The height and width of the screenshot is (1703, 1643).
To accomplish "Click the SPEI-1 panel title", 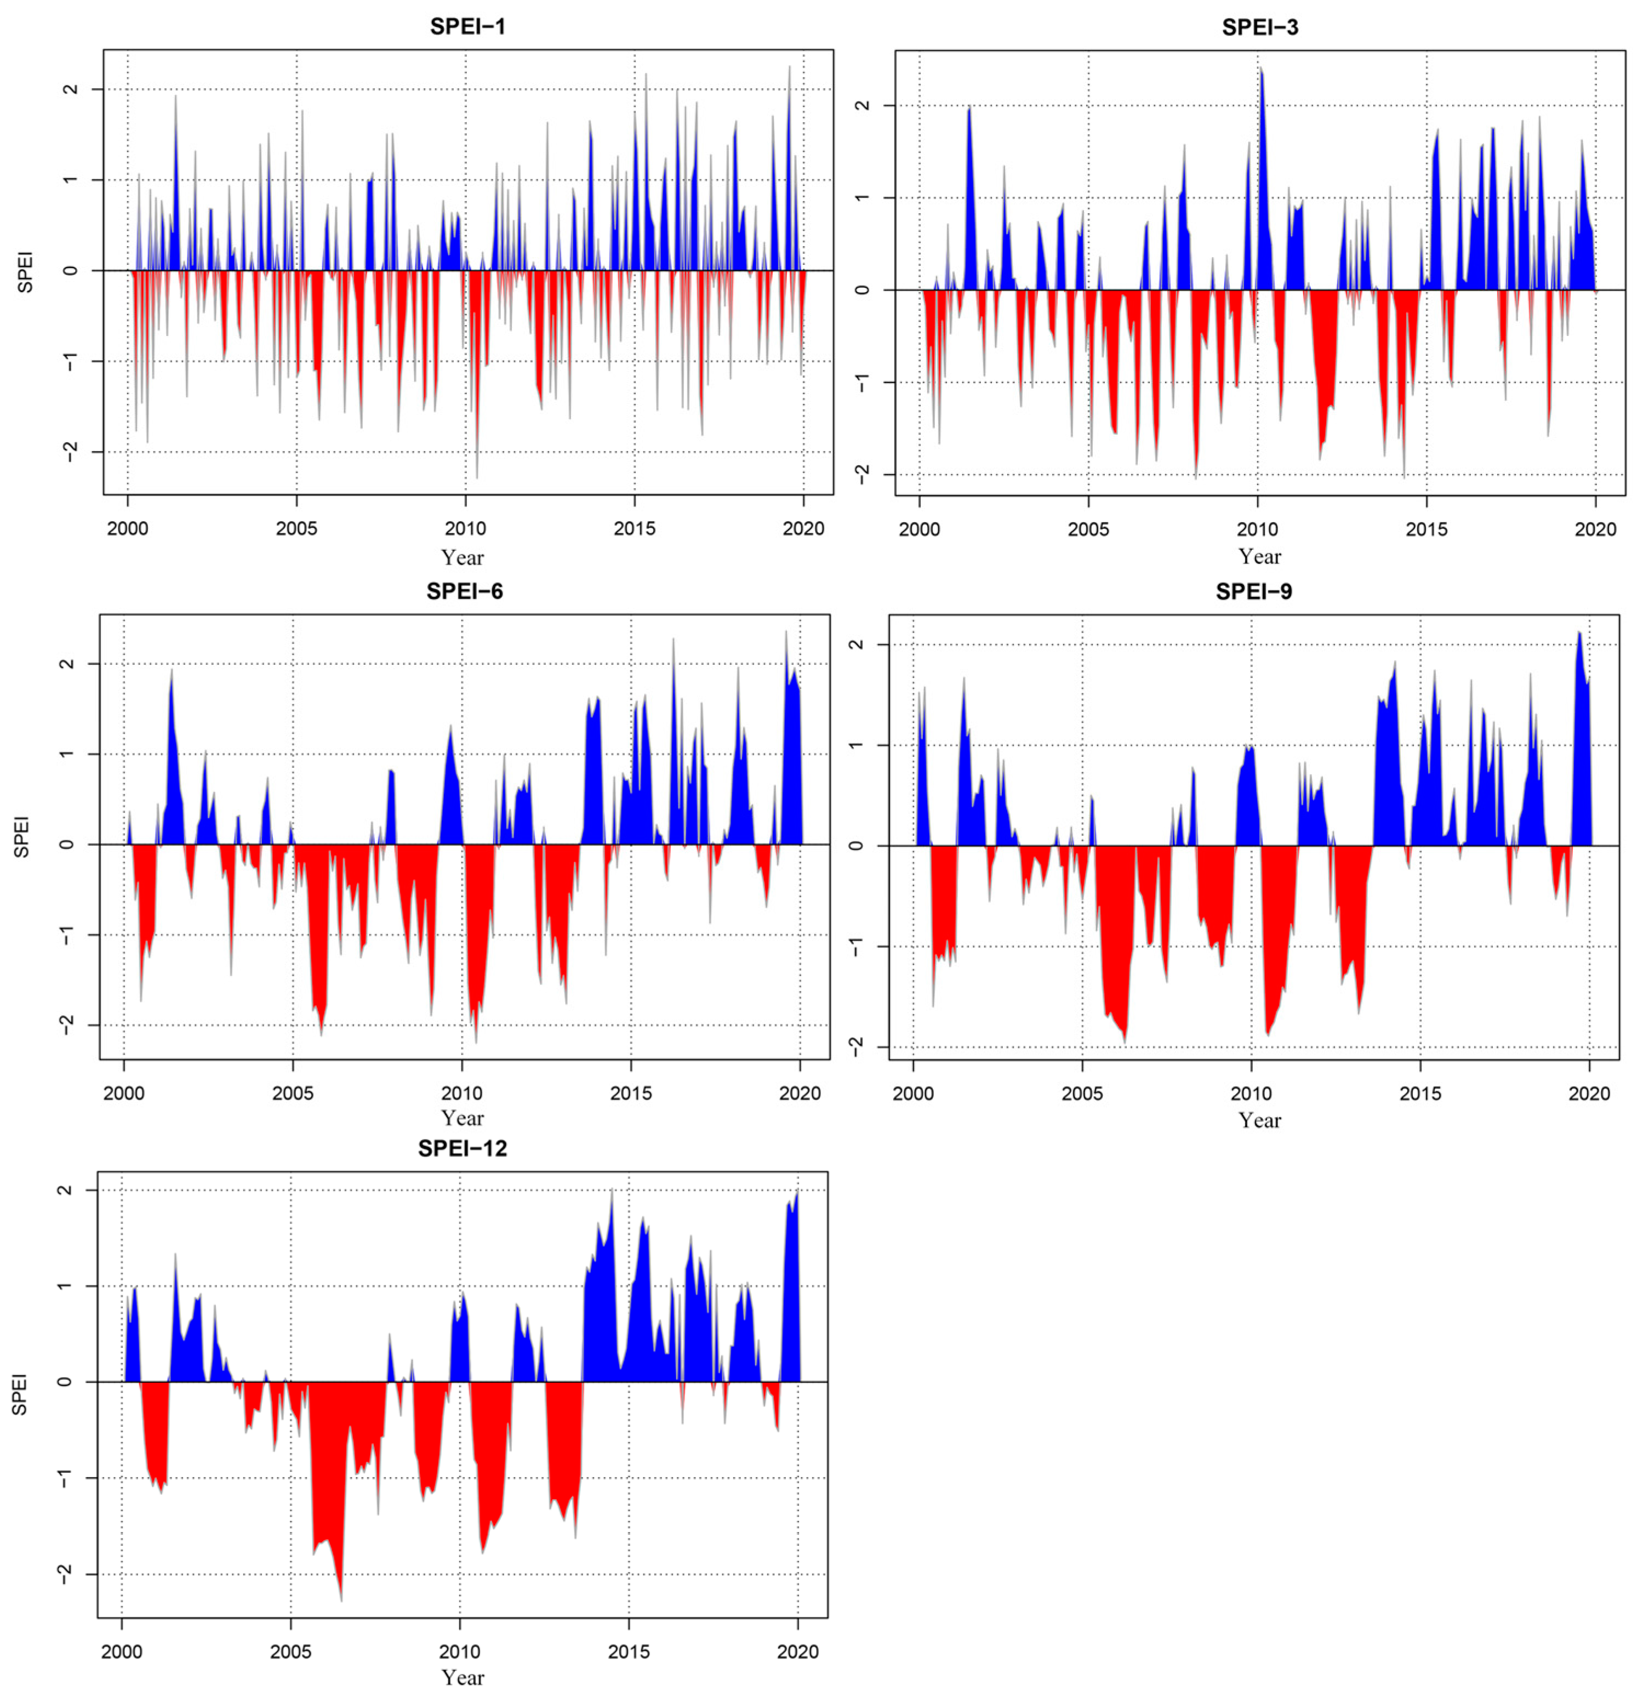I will click(467, 26).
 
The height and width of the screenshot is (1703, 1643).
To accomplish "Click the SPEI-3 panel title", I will click(1260, 27).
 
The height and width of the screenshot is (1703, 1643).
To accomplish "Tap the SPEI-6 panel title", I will click(464, 592).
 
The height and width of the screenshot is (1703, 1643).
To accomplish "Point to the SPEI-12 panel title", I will click(461, 1149).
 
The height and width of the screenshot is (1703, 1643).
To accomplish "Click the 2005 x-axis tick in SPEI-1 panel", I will click(296, 528).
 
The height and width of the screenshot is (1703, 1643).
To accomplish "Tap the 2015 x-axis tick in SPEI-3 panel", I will click(1427, 529).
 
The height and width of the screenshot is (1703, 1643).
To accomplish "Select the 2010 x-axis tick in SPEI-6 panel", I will click(461, 1093).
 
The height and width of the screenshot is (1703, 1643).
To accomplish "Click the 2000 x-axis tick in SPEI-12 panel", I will click(122, 1651).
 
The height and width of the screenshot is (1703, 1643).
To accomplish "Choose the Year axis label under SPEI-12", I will click(461, 1678).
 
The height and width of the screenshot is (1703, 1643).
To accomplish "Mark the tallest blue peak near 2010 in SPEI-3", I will click(1260, 69).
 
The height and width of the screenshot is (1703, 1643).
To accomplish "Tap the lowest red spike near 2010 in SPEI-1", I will click(476, 477).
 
